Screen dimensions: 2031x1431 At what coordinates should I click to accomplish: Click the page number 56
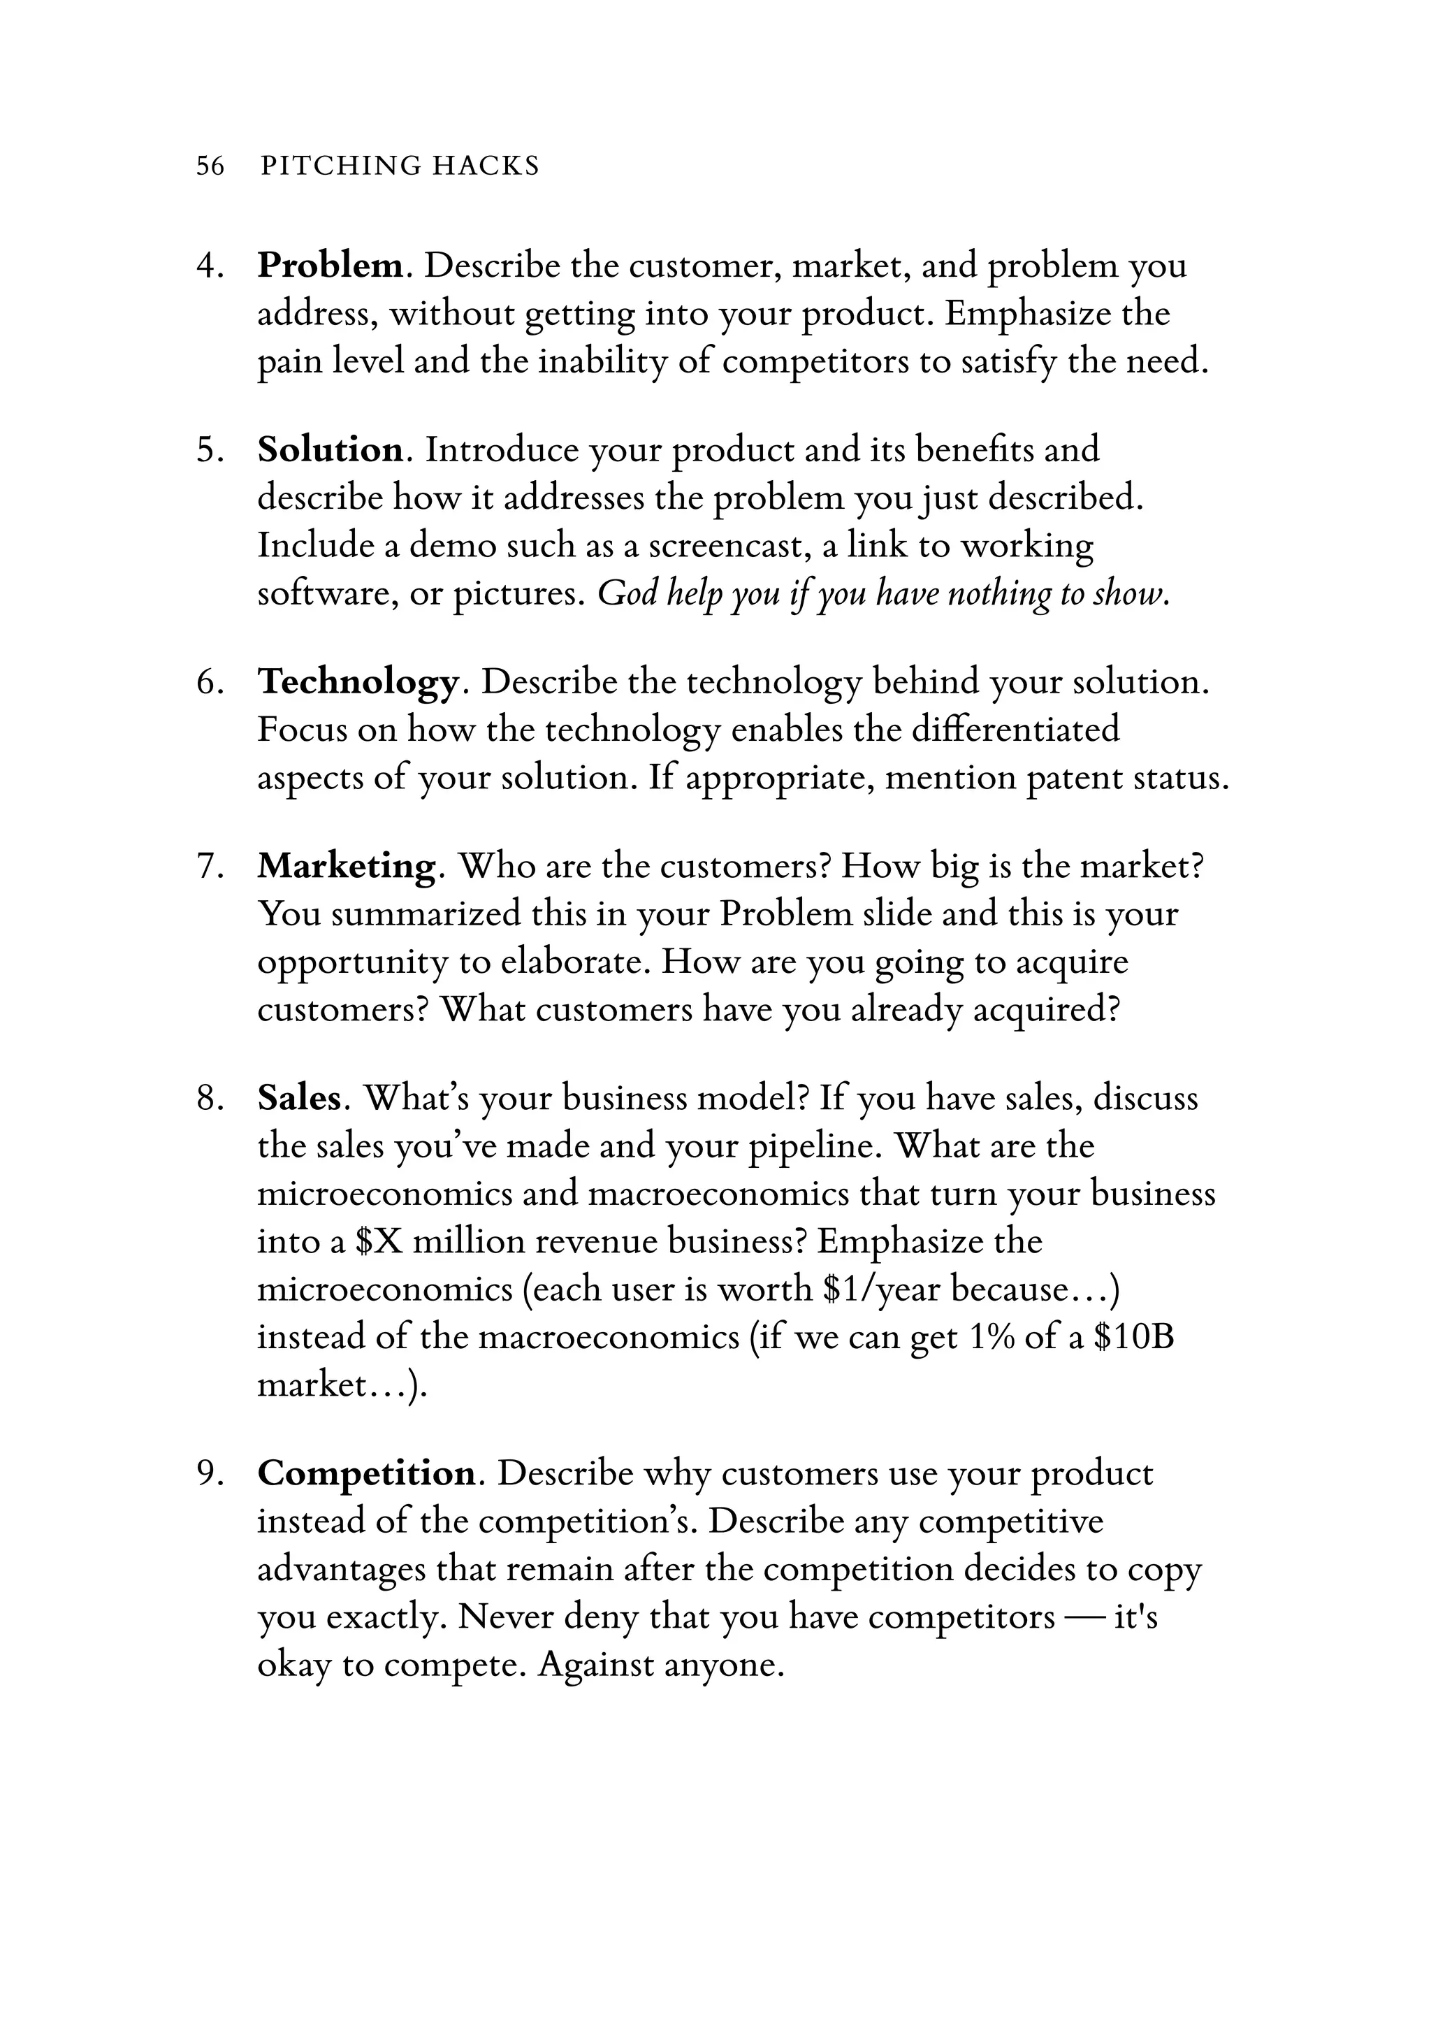210,166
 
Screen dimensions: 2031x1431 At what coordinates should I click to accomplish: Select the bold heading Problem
330,266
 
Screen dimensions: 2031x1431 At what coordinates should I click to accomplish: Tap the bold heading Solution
330,449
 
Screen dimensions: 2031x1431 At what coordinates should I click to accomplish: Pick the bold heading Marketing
346,865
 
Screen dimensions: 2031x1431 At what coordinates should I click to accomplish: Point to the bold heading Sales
298,1098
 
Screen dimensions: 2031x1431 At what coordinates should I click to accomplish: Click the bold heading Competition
366,1473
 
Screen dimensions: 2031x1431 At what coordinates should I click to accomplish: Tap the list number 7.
210,866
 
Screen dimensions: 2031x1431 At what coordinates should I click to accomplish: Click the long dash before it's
1084,1617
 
